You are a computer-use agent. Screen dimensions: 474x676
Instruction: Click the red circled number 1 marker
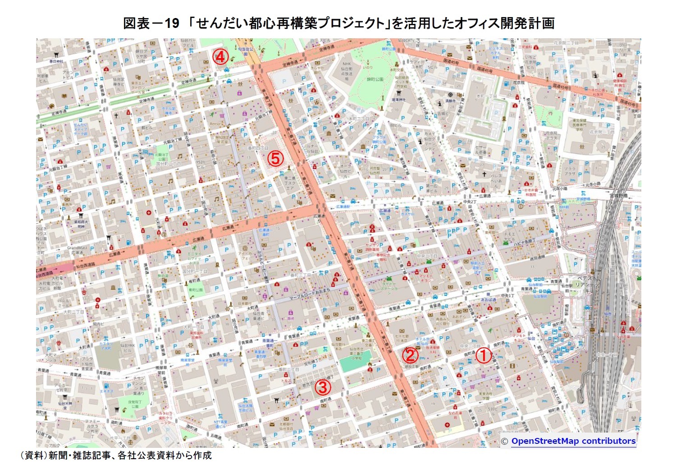click(x=483, y=355)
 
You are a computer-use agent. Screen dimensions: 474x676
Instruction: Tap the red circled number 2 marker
click(x=410, y=355)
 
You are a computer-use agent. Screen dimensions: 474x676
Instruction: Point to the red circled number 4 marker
click(x=220, y=57)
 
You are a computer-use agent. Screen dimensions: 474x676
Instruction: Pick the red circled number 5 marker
click(x=275, y=158)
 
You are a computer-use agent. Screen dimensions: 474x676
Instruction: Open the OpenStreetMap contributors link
click(x=573, y=441)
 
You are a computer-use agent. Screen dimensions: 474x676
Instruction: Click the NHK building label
click(x=346, y=64)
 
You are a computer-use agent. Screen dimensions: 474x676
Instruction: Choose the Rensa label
click(x=215, y=124)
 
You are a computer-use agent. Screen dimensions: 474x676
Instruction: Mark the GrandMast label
click(x=77, y=247)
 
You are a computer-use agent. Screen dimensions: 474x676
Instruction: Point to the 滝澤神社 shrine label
click(x=398, y=100)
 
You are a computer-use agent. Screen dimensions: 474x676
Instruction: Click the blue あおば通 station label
click(x=488, y=300)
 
